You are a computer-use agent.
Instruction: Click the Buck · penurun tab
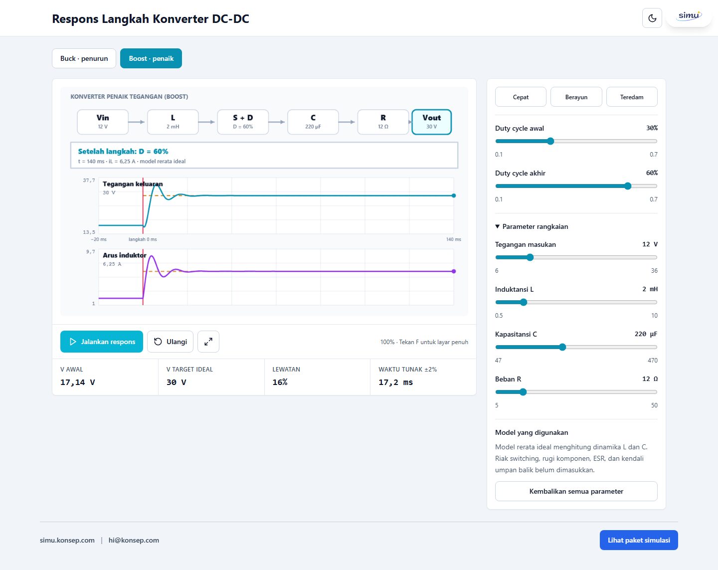(x=84, y=58)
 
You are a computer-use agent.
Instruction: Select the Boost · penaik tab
(x=151, y=58)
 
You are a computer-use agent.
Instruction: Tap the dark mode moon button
(x=652, y=18)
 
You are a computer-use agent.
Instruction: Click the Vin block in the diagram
(x=103, y=122)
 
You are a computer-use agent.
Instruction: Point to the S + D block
(x=243, y=122)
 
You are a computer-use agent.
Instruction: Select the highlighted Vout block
(x=431, y=122)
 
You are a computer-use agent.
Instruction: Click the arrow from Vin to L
(x=137, y=122)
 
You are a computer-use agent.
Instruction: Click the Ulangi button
(x=170, y=342)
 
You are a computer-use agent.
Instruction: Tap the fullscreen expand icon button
(x=208, y=342)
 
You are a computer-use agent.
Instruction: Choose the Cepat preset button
(x=521, y=97)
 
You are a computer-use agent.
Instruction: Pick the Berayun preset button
(x=576, y=97)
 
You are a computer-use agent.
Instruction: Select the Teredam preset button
(x=632, y=97)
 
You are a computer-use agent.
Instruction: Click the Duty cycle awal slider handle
(x=550, y=141)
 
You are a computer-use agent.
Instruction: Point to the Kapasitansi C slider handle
(x=562, y=347)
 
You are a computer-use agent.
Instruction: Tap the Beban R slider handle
(x=523, y=392)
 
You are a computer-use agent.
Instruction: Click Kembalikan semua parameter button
(x=576, y=491)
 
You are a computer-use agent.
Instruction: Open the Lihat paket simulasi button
(x=639, y=540)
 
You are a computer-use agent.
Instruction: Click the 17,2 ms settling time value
(x=395, y=382)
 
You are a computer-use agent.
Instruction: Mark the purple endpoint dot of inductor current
(x=454, y=271)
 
